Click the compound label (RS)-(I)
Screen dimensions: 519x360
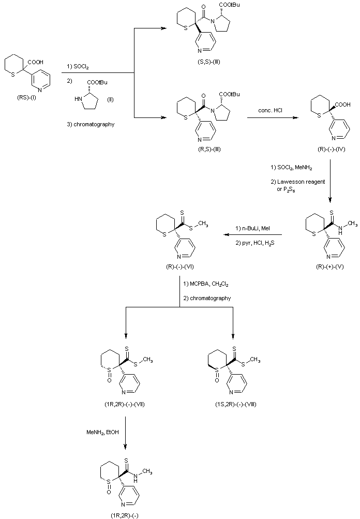pos(26,95)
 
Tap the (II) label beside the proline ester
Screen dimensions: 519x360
pos(110,99)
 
